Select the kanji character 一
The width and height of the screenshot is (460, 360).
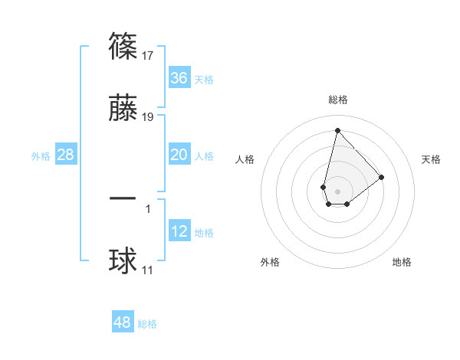click(123, 198)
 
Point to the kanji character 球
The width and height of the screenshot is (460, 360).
click(123, 260)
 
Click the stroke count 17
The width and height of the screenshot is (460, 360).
click(149, 56)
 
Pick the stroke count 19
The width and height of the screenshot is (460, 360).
click(149, 117)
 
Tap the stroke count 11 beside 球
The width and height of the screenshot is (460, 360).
click(148, 270)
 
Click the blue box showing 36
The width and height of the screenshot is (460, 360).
click(179, 78)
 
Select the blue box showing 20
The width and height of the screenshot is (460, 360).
click(179, 155)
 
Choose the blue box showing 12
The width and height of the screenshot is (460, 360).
click(179, 231)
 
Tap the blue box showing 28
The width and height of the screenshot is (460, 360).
click(66, 155)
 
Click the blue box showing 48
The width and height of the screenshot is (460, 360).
click(123, 322)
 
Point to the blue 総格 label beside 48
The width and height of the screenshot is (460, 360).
click(147, 324)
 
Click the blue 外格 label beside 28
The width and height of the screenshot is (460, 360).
click(41, 155)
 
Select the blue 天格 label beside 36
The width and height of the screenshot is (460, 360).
click(203, 79)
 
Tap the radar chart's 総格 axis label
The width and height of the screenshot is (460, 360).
click(338, 100)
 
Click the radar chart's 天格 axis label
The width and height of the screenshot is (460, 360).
click(432, 159)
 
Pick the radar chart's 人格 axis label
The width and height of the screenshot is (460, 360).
click(245, 159)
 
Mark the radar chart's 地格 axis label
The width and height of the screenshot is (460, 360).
click(402, 262)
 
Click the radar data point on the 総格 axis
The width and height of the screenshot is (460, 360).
click(337, 130)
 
